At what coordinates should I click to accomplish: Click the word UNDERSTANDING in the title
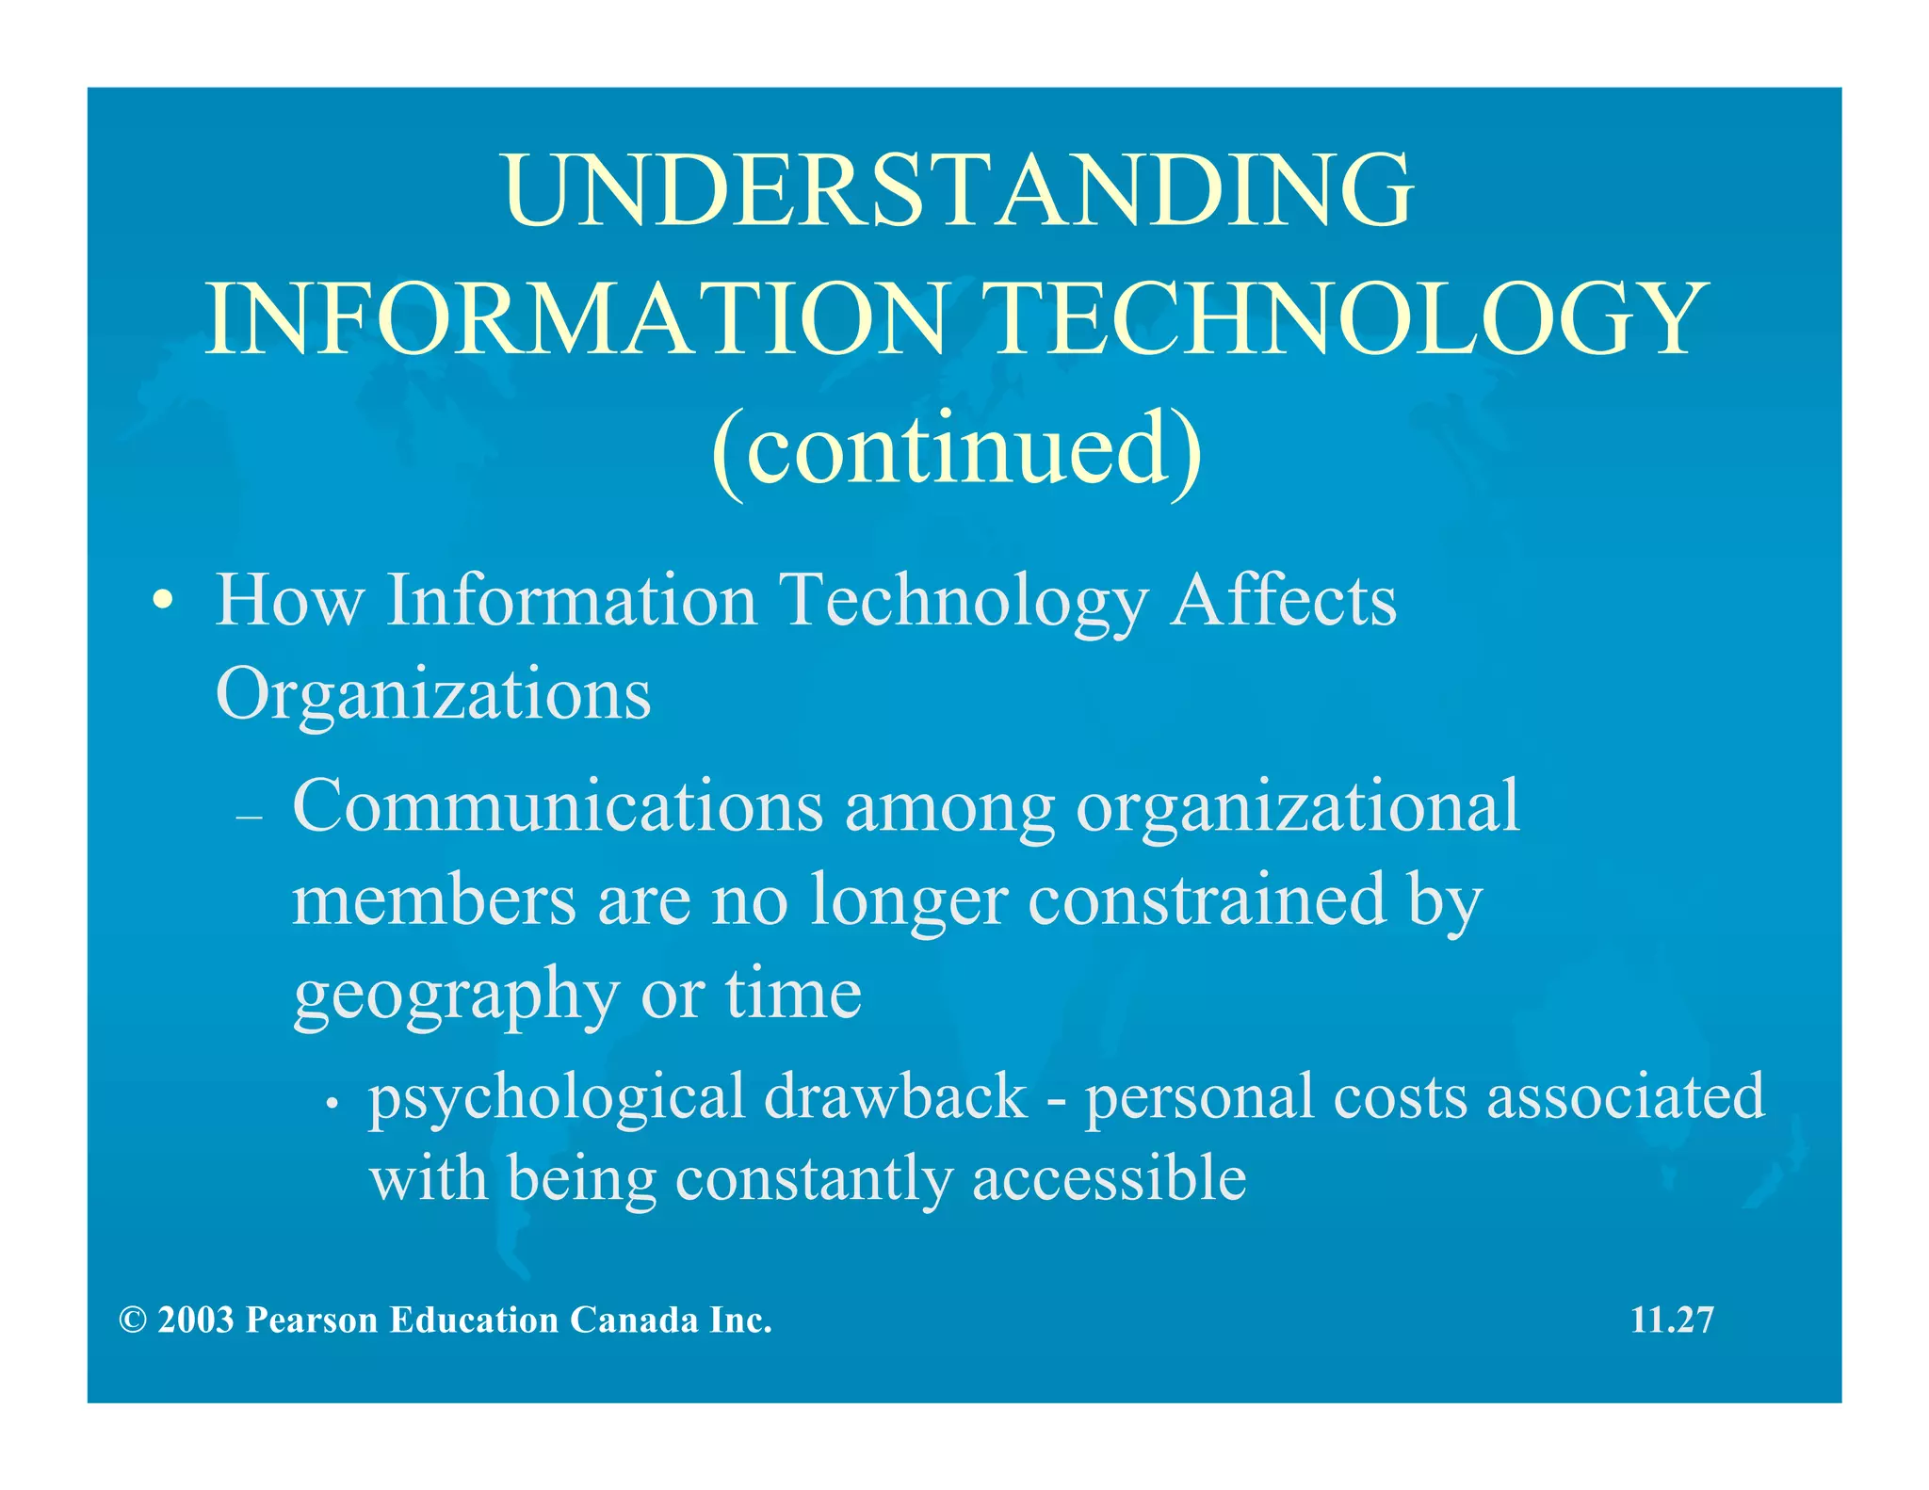pyautogui.click(x=957, y=190)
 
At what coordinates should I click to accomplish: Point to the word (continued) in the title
pyautogui.click(x=957, y=448)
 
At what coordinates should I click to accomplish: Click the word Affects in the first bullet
pyautogui.click(x=1283, y=600)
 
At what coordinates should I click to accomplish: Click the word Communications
pyautogui.click(x=558, y=806)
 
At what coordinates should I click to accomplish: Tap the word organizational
pyautogui.click(x=1297, y=808)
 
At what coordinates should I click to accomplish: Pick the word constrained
pyautogui.click(x=1207, y=899)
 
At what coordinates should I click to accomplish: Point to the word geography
pyautogui.click(x=456, y=995)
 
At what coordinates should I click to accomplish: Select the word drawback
pyautogui.click(x=895, y=1096)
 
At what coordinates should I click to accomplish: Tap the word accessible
pyautogui.click(x=1109, y=1178)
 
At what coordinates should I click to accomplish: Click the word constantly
pyautogui.click(x=813, y=1180)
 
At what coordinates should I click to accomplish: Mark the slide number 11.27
pyautogui.click(x=1672, y=1320)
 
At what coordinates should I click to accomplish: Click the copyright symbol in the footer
pyautogui.click(x=133, y=1320)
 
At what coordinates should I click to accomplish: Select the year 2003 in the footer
pyautogui.click(x=196, y=1320)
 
